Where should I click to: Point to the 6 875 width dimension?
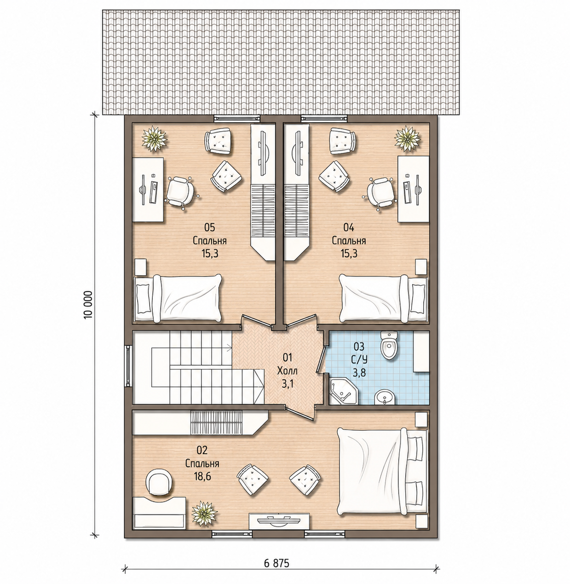click(276, 563)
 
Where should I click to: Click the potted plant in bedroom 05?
click(154, 139)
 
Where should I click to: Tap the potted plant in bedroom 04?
click(408, 139)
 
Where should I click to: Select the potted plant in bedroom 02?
click(204, 514)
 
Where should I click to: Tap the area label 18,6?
click(202, 476)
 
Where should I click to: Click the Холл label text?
click(288, 371)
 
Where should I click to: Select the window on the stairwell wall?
click(128, 366)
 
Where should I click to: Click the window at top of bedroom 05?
click(237, 118)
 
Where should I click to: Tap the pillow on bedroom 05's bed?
click(143, 299)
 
